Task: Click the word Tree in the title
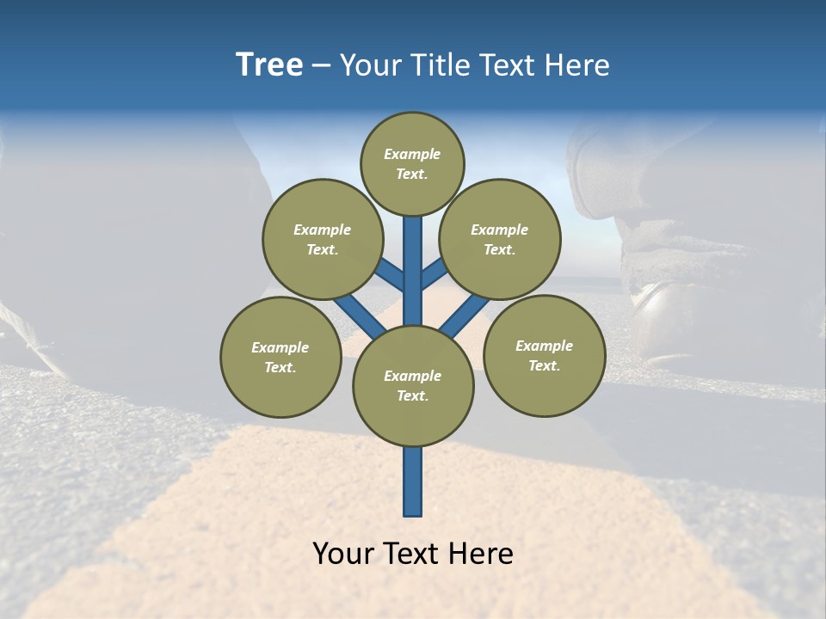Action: click(269, 65)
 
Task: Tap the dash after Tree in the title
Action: click(321, 66)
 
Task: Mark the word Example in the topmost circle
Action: click(412, 154)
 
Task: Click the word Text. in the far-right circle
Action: click(544, 365)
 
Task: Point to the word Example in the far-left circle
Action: click(280, 347)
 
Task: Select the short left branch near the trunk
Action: click(392, 275)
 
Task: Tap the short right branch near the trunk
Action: click(433, 273)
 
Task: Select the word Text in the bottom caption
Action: click(412, 554)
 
